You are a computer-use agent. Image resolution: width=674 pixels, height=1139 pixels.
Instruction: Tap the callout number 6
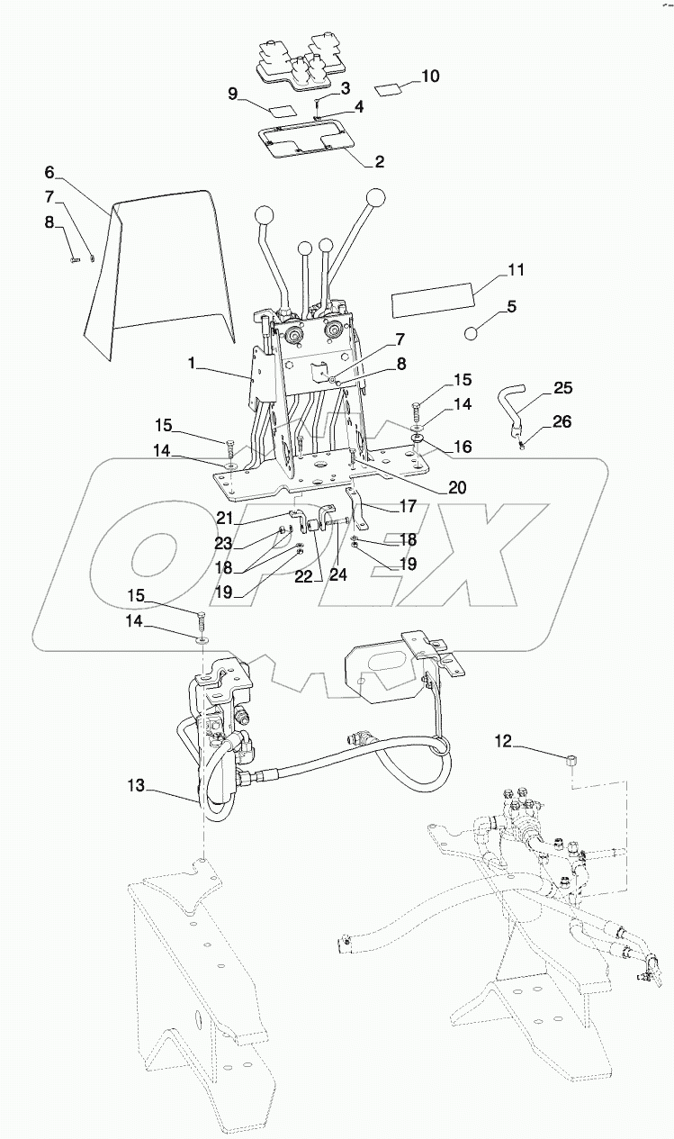point(49,172)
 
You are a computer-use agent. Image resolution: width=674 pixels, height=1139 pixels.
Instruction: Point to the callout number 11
point(516,269)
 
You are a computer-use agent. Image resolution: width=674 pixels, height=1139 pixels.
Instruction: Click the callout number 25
point(562,389)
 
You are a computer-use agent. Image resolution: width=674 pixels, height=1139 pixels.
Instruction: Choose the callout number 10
point(430,77)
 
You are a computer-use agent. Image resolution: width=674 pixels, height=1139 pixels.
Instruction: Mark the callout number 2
point(379,162)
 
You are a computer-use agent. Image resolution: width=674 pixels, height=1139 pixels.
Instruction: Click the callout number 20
point(457,487)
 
